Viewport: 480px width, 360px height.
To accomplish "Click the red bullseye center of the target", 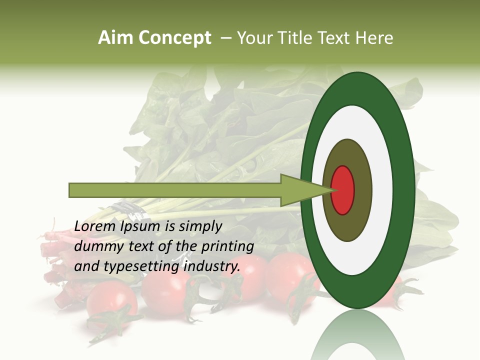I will click(x=343, y=190).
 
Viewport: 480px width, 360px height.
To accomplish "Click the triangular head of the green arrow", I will click(x=300, y=190).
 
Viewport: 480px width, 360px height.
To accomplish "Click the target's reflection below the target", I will click(x=357, y=337).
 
